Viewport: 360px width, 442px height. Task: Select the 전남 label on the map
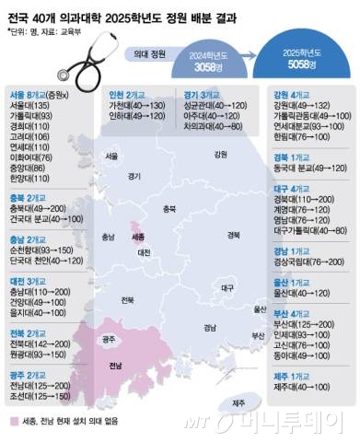pos(117,366)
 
